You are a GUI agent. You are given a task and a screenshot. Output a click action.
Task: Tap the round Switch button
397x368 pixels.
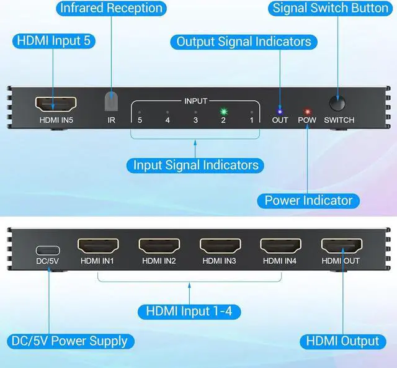[x=339, y=101]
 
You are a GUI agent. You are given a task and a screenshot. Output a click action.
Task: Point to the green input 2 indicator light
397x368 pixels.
[x=223, y=112]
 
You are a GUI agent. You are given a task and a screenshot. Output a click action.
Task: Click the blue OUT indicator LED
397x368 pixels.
[x=280, y=111]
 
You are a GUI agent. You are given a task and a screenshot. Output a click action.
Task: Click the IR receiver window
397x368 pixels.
[x=112, y=101]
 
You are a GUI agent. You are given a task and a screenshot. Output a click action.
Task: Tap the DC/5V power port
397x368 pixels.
[x=47, y=250]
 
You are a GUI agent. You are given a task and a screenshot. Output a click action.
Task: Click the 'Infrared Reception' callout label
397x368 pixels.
[x=111, y=8]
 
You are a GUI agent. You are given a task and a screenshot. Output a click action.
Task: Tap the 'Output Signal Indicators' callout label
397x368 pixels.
[x=244, y=42]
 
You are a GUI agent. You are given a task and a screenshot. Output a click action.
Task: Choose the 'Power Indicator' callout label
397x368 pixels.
[x=308, y=200]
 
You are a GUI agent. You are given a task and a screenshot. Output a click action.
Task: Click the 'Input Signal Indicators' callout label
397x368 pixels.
[x=195, y=165]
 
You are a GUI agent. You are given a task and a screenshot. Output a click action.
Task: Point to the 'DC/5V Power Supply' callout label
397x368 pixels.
[x=69, y=341]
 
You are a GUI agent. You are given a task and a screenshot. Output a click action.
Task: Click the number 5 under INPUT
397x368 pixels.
[x=140, y=120]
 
